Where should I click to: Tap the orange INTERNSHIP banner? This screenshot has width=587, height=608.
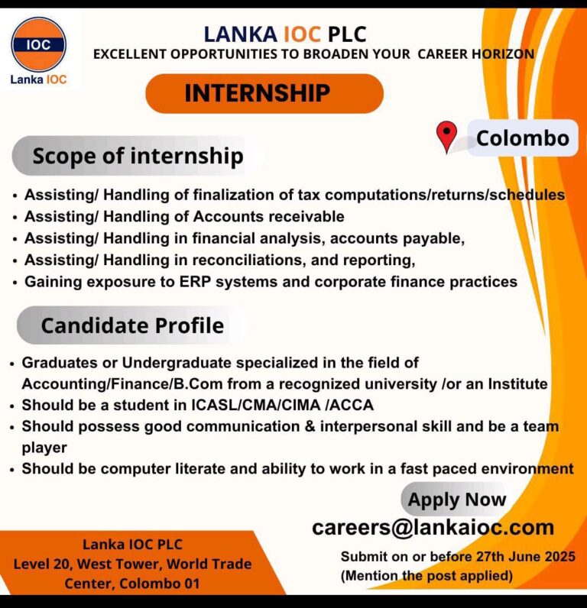click(264, 93)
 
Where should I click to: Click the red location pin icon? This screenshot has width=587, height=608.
click(446, 137)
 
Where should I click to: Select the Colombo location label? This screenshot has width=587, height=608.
click(522, 138)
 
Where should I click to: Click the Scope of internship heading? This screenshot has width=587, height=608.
click(138, 157)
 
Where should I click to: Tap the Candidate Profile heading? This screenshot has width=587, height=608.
click(132, 325)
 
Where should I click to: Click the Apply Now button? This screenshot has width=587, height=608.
click(456, 500)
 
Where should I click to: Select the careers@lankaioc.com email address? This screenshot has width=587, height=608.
click(433, 527)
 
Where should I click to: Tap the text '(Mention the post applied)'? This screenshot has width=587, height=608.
click(426, 574)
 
